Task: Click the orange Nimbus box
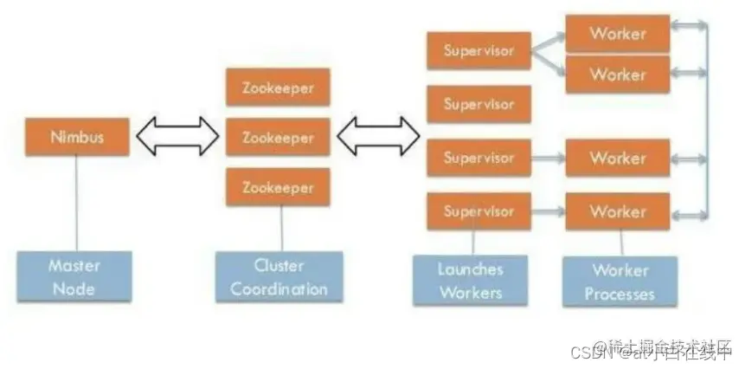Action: pos(77,137)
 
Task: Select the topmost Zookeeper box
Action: pos(278,87)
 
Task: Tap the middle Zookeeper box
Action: pos(278,137)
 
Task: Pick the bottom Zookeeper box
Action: pos(278,187)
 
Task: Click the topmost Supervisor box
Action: pos(478,51)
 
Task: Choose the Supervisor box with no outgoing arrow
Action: pos(478,105)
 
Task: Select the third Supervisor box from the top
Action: pos(478,159)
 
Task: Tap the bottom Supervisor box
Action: pos(478,211)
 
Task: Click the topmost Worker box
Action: pos(618,34)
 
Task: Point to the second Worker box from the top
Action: pos(618,74)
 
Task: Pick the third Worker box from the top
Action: pos(618,159)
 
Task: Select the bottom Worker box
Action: pos(618,211)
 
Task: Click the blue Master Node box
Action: pos(74,276)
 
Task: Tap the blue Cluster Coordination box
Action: pos(279,277)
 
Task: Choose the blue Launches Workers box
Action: pos(471,281)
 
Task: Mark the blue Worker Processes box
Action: pos(620,282)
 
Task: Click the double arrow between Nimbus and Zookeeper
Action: pos(177,137)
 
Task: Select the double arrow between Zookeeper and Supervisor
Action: pos(378,137)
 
